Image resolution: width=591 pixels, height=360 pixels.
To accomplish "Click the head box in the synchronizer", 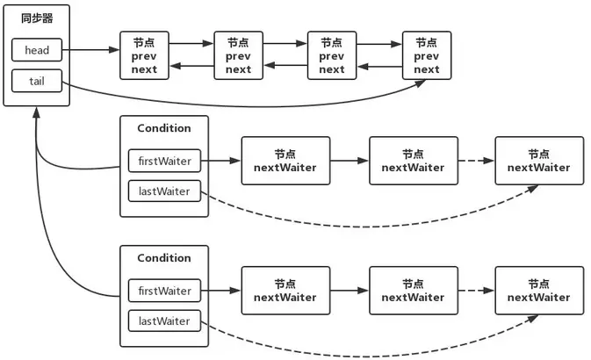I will tap(37, 50).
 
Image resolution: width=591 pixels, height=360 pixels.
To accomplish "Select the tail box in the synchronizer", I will tap(37, 82).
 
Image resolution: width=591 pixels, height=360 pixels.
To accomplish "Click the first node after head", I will tap(145, 55).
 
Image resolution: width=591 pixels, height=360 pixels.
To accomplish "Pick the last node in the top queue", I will tap(427, 55).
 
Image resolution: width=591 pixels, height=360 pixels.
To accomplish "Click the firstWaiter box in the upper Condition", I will tap(164, 161).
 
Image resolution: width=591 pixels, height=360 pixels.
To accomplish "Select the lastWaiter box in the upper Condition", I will tap(164, 190).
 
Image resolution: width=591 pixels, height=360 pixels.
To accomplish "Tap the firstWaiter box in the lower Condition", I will tap(164, 291).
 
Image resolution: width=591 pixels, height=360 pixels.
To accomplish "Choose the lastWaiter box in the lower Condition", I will tap(164, 320).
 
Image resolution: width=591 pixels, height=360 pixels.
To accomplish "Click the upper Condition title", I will tap(164, 128).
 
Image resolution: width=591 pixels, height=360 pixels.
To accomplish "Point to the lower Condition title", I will tap(164, 258).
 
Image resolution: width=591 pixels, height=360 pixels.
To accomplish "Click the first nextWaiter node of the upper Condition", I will tap(285, 161).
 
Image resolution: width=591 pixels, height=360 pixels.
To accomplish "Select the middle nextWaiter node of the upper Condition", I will tap(413, 161).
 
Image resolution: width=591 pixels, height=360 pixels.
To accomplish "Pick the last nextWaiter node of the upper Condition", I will tap(538, 161).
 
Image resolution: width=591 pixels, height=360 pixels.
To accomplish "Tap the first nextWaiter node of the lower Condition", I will tap(285, 291).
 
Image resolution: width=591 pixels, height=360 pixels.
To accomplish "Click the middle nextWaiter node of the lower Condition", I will tap(413, 291).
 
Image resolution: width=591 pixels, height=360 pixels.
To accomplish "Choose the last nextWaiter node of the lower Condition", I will tap(538, 291).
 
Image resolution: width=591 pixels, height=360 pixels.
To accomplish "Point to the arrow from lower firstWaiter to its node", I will tap(223, 291).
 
